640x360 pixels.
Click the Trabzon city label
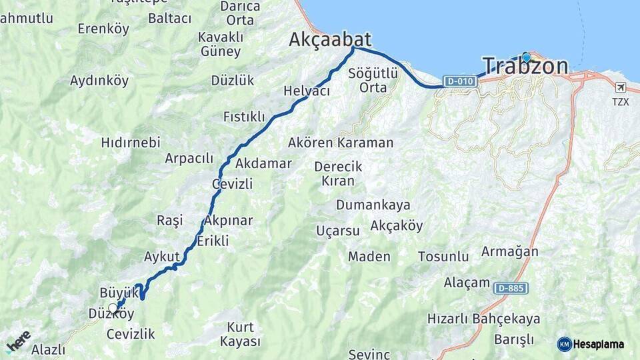[x=525, y=66]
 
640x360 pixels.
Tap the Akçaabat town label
[x=330, y=40]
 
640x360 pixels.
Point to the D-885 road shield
[x=511, y=288]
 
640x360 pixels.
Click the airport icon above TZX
[x=621, y=87]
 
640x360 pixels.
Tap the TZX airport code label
[x=621, y=101]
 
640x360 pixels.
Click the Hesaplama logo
[x=591, y=344]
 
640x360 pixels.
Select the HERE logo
[x=19, y=341]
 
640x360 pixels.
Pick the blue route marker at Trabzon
[x=526, y=57]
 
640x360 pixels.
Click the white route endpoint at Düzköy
[x=113, y=308]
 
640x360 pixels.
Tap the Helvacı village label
[x=307, y=91]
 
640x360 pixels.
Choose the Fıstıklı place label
[x=244, y=117]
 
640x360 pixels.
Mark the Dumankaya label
[x=373, y=205]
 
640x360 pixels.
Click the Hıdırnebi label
[x=131, y=142]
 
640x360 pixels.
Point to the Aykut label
[x=162, y=256]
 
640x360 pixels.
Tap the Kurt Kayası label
[x=243, y=334]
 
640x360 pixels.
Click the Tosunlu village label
[x=443, y=256]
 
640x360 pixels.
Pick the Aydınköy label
[x=99, y=81]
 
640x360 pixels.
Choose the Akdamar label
[x=263, y=163]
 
